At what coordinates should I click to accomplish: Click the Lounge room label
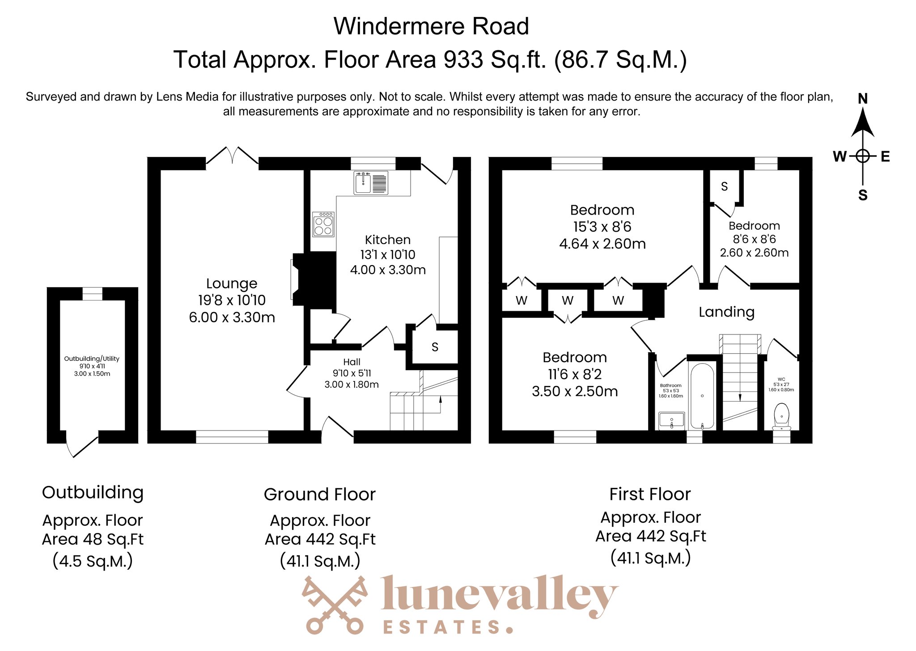(232, 283)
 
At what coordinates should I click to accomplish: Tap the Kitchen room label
(388, 240)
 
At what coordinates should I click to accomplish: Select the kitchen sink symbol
(371, 182)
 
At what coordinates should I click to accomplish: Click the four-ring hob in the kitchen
(323, 224)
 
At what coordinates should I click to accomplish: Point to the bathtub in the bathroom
(702, 396)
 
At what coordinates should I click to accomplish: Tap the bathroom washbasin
(671, 421)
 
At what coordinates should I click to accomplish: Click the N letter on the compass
(863, 99)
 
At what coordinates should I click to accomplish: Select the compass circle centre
(863, 156)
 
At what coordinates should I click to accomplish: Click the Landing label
(726, 312)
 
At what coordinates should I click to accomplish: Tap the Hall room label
(352, 362)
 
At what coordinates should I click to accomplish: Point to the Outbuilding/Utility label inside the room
(92, 359)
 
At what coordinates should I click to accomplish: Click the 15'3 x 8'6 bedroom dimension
(602, 227)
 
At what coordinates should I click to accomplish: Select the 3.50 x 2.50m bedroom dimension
(575, 391)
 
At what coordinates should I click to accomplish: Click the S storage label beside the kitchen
(435, 347)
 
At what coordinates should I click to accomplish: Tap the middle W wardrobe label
(568, 300)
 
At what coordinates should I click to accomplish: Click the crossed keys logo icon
(335, 605)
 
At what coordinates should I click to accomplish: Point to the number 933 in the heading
(463, 59)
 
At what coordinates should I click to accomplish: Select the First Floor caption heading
(650, 494)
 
